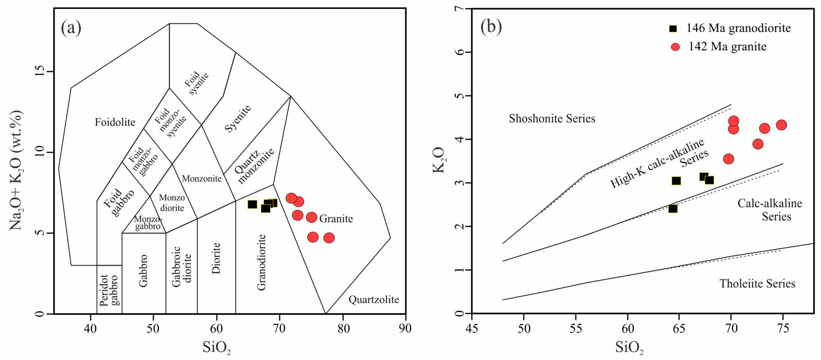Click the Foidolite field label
pyautogui.click(x=115, y=122)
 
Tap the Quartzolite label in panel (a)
pyautogui.click(x=374, y=300)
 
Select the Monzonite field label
pyautogui.click(x=202, y=179)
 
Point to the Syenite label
pyautogui.click(x=238, y=118)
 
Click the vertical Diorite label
pyautogui.click(x=216, y=258)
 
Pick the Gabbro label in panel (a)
pyautogui.click(x=143, y=271)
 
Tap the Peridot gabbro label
pyautogui.click(x=109, y=290)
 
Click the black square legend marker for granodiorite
pyautogui.click(x=673, y=28)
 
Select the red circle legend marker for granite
pyautogui.click(x=675, y=47)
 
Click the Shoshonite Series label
pyautogui.click(x=552, y=119)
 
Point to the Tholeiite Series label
pyautogui.click(x=757, y=283)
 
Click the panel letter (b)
pyautogui.click(x=491, y=26)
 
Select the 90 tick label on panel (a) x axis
pyautogui.click(x=405, y=328)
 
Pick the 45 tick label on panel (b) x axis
pyautogui.click(x=472, y=328)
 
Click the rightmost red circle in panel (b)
pyautogui.click(x=781, y=125)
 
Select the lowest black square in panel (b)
pyautogui.click(x=673, y=209)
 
